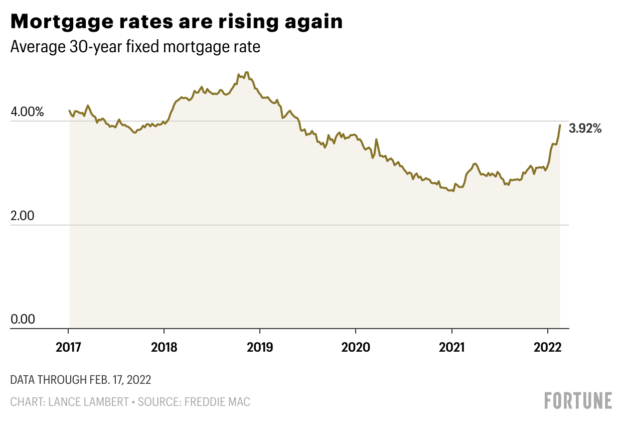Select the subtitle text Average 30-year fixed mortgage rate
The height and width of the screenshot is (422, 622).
pos(135,47)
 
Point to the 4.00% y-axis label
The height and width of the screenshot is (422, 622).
pos(27,112)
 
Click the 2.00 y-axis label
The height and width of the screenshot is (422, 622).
pos(23,216)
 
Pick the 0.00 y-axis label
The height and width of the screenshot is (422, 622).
pos(23,320)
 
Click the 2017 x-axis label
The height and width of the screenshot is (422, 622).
pos(68,347)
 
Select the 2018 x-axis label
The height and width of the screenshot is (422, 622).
pos(164,347)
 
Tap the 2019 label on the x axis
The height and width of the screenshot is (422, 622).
pos(259,347)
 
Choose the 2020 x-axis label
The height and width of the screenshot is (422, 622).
pos(355,347)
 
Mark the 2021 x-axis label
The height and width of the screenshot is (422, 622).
pos(451,347)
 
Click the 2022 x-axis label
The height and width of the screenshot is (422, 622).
pos(547,347)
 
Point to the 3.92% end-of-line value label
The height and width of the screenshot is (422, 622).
pos(585,129)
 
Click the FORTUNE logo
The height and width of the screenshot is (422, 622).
pos(578,400)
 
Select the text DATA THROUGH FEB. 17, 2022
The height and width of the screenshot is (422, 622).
pos(80,380)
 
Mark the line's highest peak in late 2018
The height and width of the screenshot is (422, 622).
pos(246,72)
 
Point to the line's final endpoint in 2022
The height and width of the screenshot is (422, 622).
pos(560,125)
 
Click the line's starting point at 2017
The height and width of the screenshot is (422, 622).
pos(69,111)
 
